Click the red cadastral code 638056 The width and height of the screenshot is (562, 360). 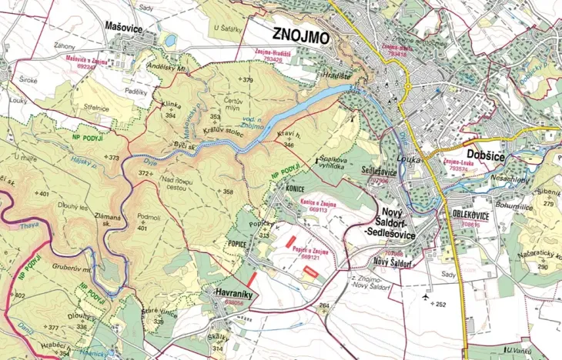234,303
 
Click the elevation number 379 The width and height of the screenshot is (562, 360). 246,80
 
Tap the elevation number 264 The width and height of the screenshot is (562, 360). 324,305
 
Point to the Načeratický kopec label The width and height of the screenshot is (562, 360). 537,255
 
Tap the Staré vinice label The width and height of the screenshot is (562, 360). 160,312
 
